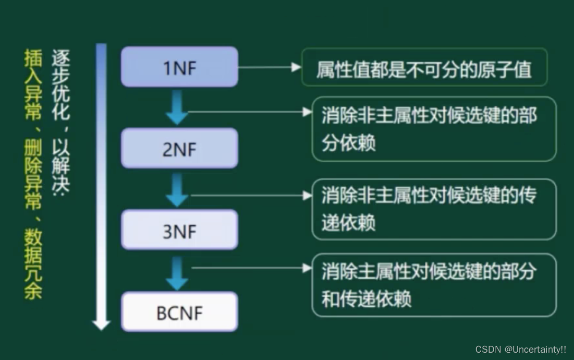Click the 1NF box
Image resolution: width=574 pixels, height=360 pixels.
tap(179, 67)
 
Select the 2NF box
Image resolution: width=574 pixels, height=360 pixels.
tap(179, 149)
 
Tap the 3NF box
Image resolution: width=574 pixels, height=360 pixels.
tap(179, 230)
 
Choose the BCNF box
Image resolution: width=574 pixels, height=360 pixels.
tap(179, 312)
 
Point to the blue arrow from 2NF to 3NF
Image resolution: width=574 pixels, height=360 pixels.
tap(177, 190)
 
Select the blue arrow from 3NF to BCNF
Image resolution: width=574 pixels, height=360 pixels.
tap(177, 272)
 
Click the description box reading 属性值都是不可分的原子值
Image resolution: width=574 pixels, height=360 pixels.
tap(424, 68)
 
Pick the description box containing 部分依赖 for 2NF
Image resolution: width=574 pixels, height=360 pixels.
tap(434, 129)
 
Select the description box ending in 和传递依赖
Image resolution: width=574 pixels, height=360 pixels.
tap(434, 285)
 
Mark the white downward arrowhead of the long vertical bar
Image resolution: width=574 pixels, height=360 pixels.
tap(101, 325)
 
